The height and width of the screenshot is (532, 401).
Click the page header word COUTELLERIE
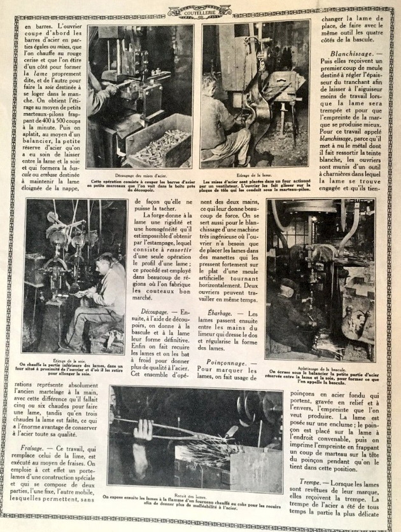(200, 11)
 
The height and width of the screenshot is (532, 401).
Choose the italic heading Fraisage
(29, 448)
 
